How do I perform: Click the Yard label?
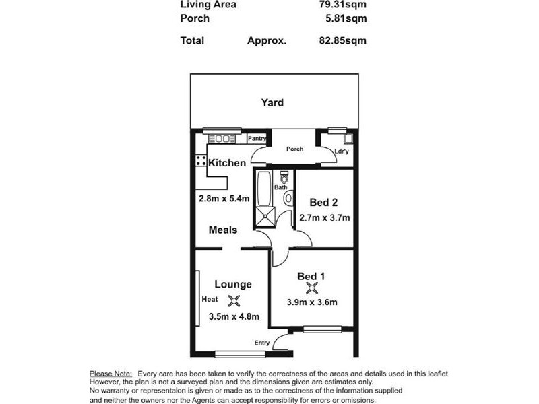(272, 103)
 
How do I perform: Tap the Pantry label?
(257, 139)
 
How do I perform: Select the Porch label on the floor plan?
(294, 149)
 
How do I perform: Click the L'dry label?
(342, 151)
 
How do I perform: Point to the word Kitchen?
(227, 163)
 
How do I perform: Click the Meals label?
(223, 230)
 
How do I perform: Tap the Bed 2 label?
(323, 202)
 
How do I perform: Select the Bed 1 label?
(311, 275)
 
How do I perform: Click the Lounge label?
(233, 284)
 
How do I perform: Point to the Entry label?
(262, 343)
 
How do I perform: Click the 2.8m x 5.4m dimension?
(224, 199)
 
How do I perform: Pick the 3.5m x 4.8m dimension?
(234, 316)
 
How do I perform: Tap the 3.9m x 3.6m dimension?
(311, 302)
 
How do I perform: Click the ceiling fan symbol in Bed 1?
(311, 288)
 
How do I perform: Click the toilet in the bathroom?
(284, 178)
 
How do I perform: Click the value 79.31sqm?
(346, 4)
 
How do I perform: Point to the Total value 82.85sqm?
(346, 40)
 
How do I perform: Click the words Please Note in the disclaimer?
(110, 373)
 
